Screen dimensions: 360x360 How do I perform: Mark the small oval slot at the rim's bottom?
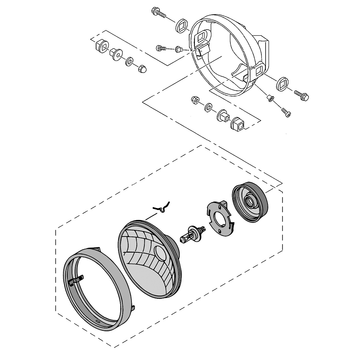tap(98, 320)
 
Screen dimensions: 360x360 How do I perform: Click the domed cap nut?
tap(142, 69)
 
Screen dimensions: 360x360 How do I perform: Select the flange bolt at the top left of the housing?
tap(158, 13)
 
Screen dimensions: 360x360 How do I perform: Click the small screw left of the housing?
tap(162, 48)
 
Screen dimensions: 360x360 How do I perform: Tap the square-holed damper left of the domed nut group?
tap(101, 45)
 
